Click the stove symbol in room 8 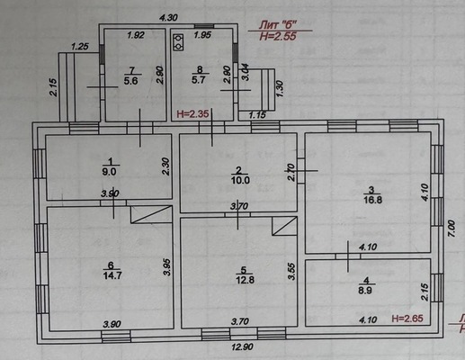coord(178,42)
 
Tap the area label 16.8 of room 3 coord(372,200)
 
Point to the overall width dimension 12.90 coord(242,347)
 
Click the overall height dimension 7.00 coord(452,229)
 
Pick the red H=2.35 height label coord(192,113)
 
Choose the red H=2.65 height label coord(407,319)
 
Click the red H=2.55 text coord(278,36)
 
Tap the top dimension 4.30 coord(168,18)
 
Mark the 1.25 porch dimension coord(80,47)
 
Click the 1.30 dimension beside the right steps coord(280,88)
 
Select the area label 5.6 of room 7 coord(130,81)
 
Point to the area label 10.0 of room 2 coord(240,180)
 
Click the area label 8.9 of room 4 coord(365,291)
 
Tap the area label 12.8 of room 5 coord(245,280)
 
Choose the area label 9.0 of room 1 coord(109,172)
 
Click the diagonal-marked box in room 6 coord(151,214)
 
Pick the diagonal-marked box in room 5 coord(284,226)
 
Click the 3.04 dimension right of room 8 coord(245,72)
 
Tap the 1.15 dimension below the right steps coord(257,114)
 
